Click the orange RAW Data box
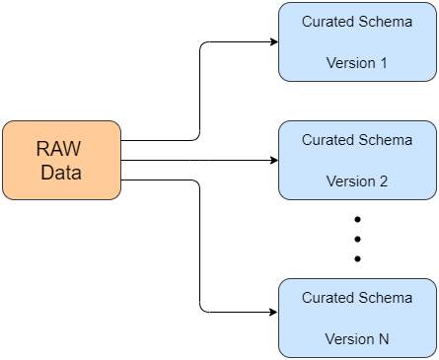pyautogui.click(x=61, y=160)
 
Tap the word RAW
pyautogui.click(x=58, y=149)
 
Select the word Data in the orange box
pyautogui.click(x=61, y=173)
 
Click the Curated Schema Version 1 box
pyautogui.click(x=357, y=41)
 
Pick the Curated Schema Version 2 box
pyautogui.click(x=357, y=160)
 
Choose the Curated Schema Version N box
pyautogui.click(x=357, y=318)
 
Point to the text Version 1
pyautogui.click(x=357, y=63)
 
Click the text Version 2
pyautogui.click(x=357, y=181)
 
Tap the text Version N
pyautogui.click(x=357, y=339)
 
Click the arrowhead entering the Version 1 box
pyautogui.click(x=274, y=41)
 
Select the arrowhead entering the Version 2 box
pyautogui.click(x=274, y=160)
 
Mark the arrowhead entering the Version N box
pyautogui.click(x=273, y=312)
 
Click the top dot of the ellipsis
pyautogui.click(x=357, y=219)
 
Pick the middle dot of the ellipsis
pyautogui.click(x=357, y=239)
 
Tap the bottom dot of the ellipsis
pyautogui.click(x=357, y=258)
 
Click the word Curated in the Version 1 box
pyautogui.click(x=328, y=22)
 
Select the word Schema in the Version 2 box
pyautogui.click(x=385, y=140)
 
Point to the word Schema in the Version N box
pyautogui.click(x=385, y=298)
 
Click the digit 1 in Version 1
pyautogui.click(x=384, y=63)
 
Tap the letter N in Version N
pyautogui.click(x=384, y=339)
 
